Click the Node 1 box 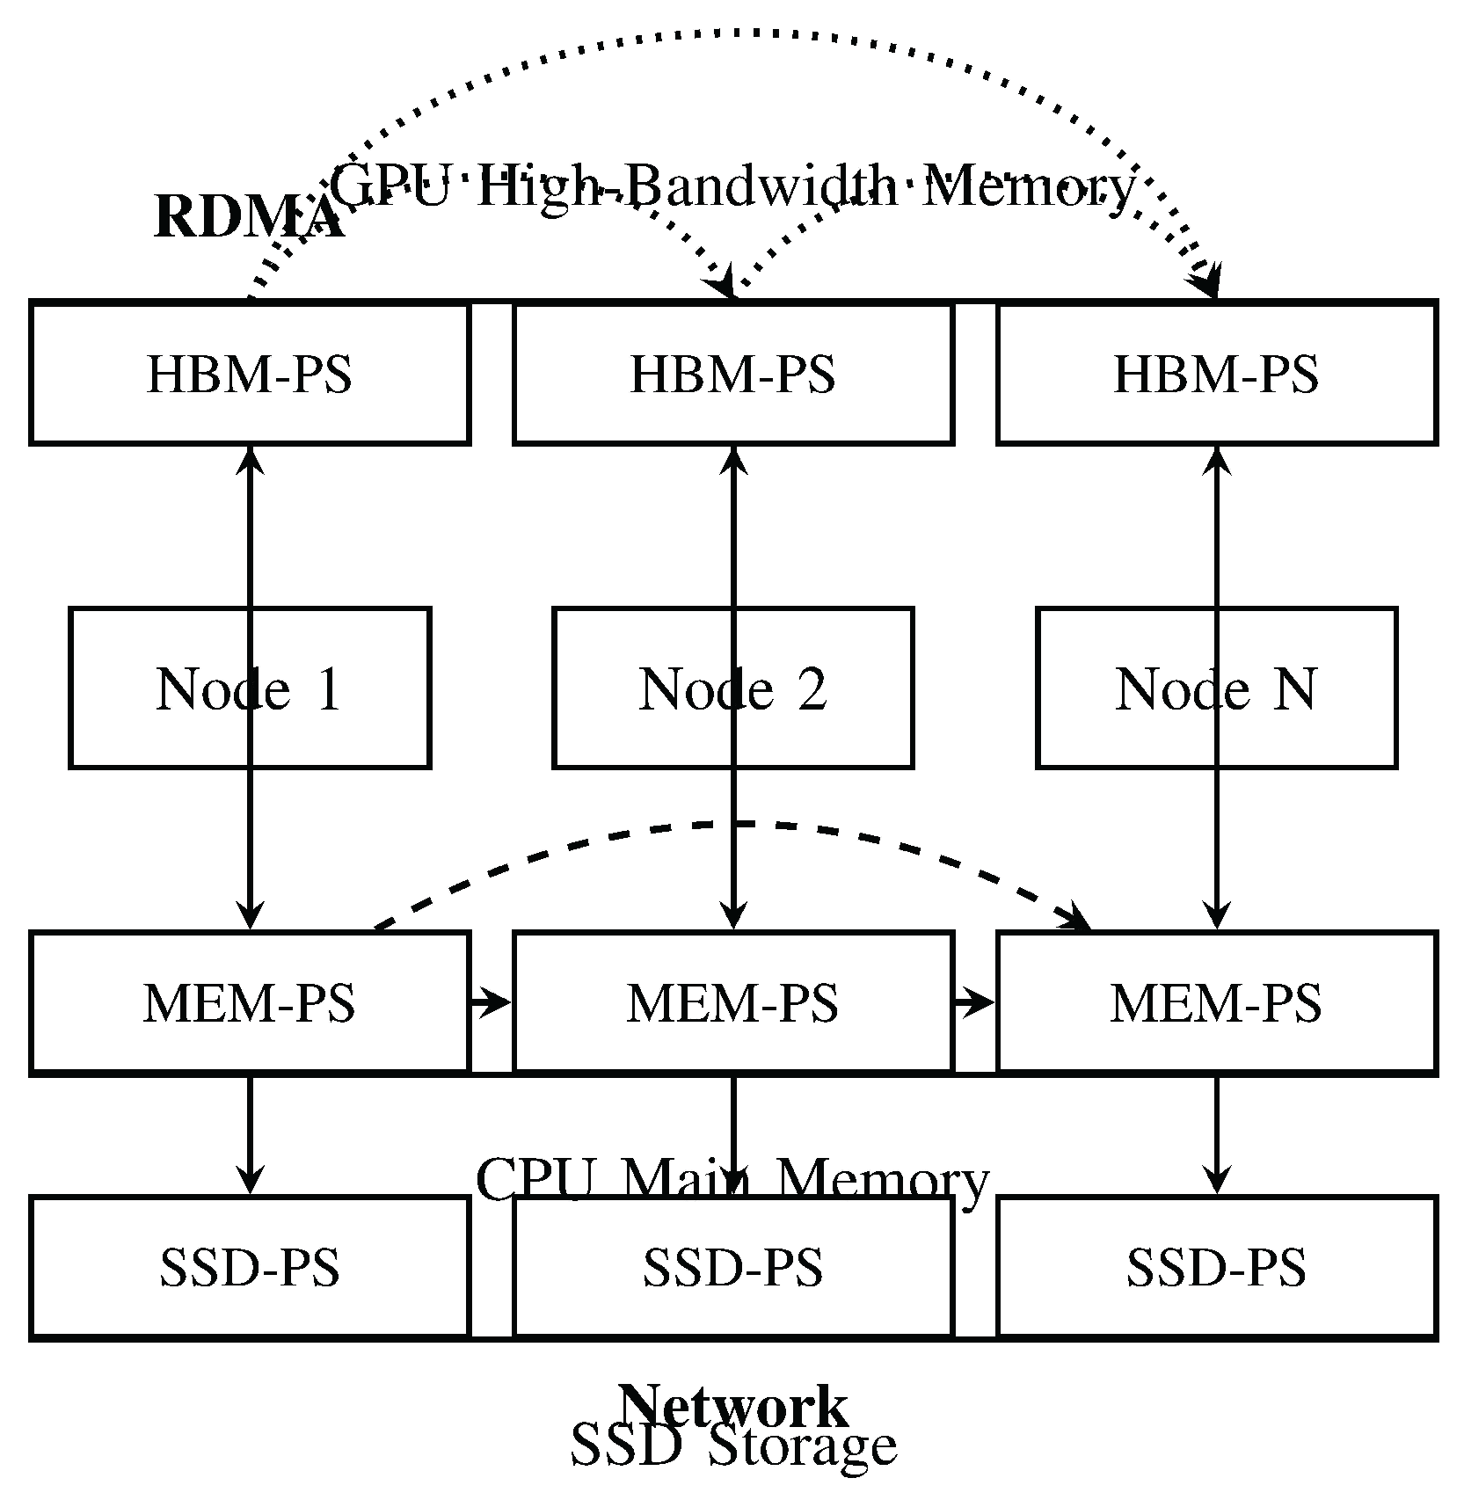[176, 688]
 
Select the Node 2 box [659, 688]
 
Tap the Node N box [1143, 688]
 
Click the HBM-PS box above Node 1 [250, 373]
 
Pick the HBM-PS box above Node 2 [732, 373]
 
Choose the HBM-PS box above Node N [1216, 373]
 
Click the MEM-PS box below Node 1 [250, 1002]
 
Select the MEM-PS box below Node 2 [732, 1002]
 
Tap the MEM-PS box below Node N [1216, 1002]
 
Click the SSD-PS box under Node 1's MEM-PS [250, 1267]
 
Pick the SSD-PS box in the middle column [732, 1267]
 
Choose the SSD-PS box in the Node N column [1216, 1267]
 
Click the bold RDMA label [248, 216]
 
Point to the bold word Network [732, 1405]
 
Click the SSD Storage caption [732, 1446]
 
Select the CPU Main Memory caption [732, 1179]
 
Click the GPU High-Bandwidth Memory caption [732, 186]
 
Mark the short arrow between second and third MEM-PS [974, 1001]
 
